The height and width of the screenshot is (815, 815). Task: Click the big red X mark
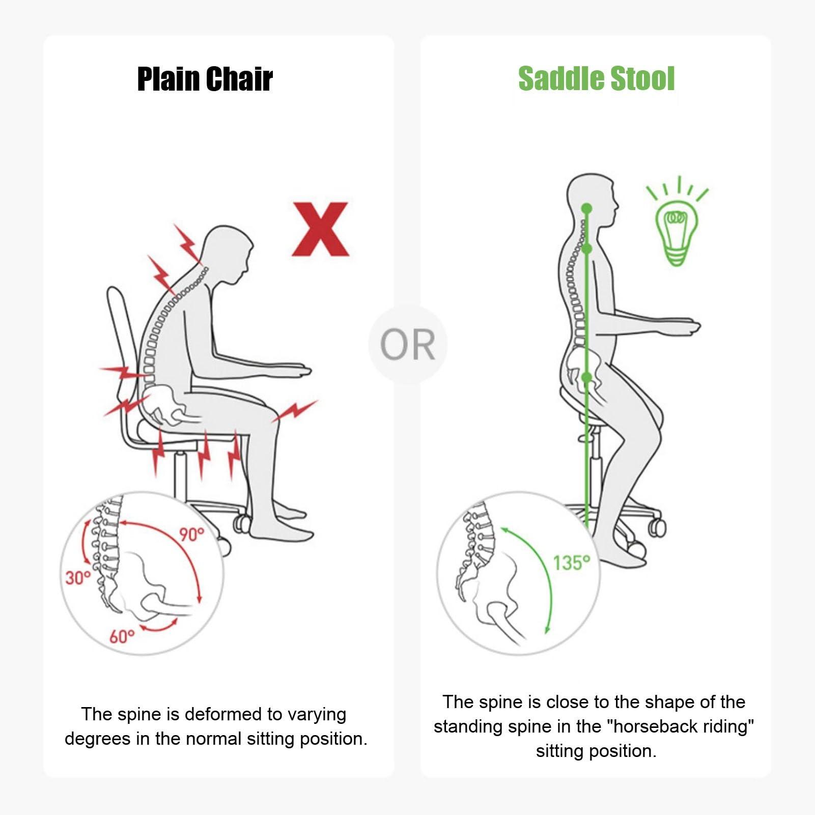(x=320, y=229)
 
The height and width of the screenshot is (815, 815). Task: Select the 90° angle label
(x=191, y=535)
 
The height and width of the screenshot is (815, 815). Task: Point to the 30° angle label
(x=77, y=578)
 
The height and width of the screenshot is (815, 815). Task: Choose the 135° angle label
(x=572, y=563)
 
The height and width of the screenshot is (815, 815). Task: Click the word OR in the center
(x=408, y=345)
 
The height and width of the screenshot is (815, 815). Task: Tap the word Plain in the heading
(x=168, y=79)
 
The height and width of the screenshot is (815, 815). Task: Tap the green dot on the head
(x=586, y=208)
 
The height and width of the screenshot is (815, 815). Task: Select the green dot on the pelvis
(x=586, y=377)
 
